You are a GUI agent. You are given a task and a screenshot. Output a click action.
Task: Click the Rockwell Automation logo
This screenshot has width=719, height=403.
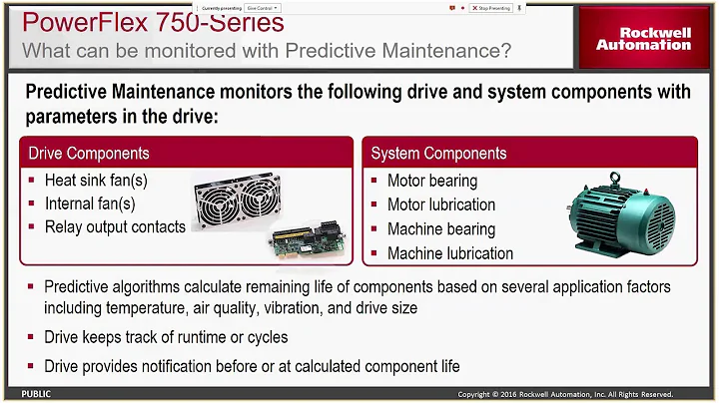[643, 38]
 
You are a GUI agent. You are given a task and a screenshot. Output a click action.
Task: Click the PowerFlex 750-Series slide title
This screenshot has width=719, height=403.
[153, 22]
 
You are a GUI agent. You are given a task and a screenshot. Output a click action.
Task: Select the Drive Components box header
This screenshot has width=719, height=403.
[89, 153]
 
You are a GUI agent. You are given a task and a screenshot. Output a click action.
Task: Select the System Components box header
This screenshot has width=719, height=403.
[438, 153]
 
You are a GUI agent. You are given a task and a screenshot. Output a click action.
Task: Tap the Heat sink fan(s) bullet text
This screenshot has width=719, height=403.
[95, 181]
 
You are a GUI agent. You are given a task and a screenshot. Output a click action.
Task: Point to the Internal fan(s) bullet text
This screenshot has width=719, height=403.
[90, 203]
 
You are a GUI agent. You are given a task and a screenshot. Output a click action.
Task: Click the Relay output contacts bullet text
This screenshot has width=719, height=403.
[115, 226]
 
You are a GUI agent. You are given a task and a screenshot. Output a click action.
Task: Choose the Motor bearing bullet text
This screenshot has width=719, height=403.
[432, 181]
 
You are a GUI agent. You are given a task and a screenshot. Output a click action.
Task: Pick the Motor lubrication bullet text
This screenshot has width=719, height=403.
[441, 204]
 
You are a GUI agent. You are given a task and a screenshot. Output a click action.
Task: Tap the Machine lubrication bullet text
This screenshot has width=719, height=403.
[450, 253]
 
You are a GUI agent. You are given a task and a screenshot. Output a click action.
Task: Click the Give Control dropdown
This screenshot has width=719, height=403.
[264, 7]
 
